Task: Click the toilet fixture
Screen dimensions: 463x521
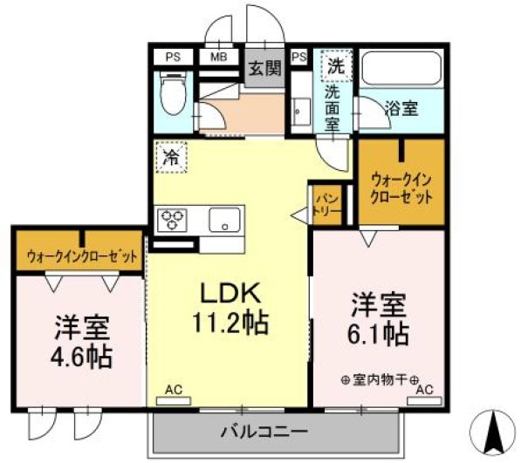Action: (173, 93)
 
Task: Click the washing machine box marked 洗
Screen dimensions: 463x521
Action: (336, 64)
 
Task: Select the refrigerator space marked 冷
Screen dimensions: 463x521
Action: (171, 158)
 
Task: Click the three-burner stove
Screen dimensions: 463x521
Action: (172, 218)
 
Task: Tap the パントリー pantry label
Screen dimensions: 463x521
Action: (326, 204)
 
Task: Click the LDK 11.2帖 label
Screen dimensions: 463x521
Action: (230, 310)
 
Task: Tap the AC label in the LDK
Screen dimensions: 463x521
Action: (175, 392)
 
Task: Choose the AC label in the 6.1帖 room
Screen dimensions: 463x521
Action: (425, 391)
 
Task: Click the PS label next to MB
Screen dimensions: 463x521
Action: (173, 57)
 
